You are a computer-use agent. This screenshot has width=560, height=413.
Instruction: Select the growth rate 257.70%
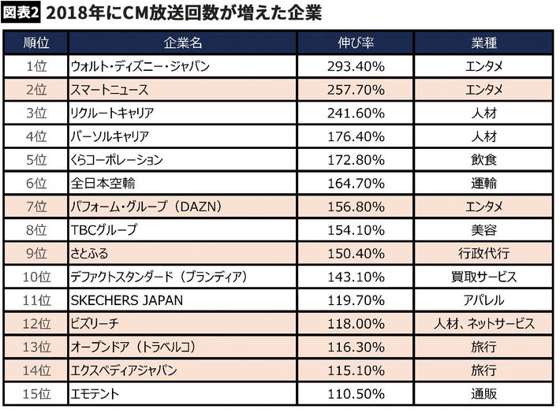pos(355,89)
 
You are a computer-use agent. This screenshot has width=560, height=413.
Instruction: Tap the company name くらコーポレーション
pos(117,160)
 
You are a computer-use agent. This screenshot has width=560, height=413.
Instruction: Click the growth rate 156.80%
pos(355,207)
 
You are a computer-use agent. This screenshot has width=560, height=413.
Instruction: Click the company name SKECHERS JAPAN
pos(126,300)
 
